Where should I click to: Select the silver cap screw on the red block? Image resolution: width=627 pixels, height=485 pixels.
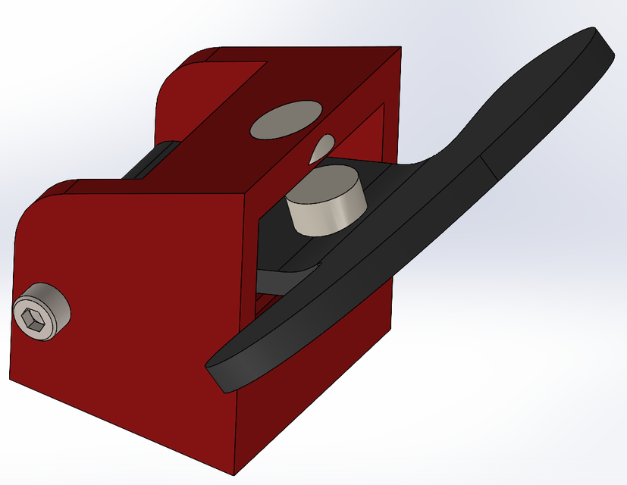pyautogui.click(x=43, y=312)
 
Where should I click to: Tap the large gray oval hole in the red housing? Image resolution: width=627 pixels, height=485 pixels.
pyautogui.click(x=285, y=120)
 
